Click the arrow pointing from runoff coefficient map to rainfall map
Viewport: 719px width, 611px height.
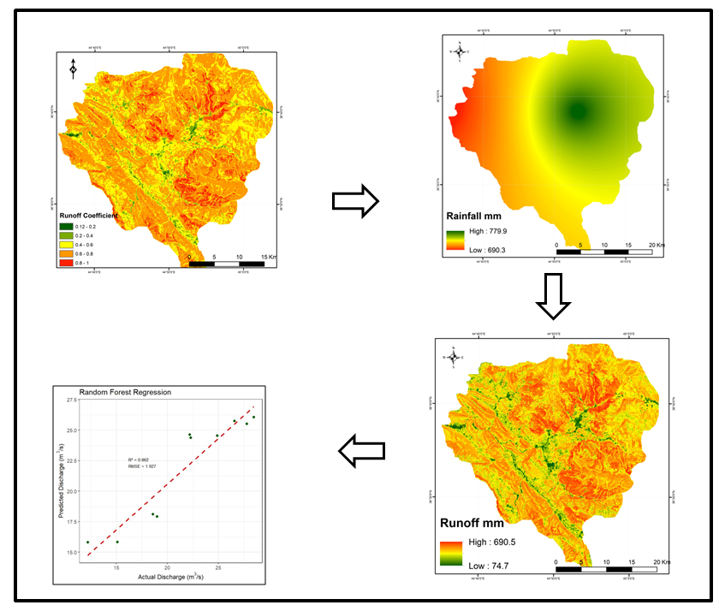(x=354, y=200)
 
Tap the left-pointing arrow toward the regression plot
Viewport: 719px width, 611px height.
(x=361, y=451)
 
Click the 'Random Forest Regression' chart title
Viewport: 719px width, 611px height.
(x=125, y=392)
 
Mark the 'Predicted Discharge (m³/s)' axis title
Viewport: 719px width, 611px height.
(x=59, y=478)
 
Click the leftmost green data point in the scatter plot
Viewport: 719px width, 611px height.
(x=88, y=543)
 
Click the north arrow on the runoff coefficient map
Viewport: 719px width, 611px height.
(x=73, y=68)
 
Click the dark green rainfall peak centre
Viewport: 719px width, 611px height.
(x=579, y=110)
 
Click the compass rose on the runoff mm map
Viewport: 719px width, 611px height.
(x=452, y=355)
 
